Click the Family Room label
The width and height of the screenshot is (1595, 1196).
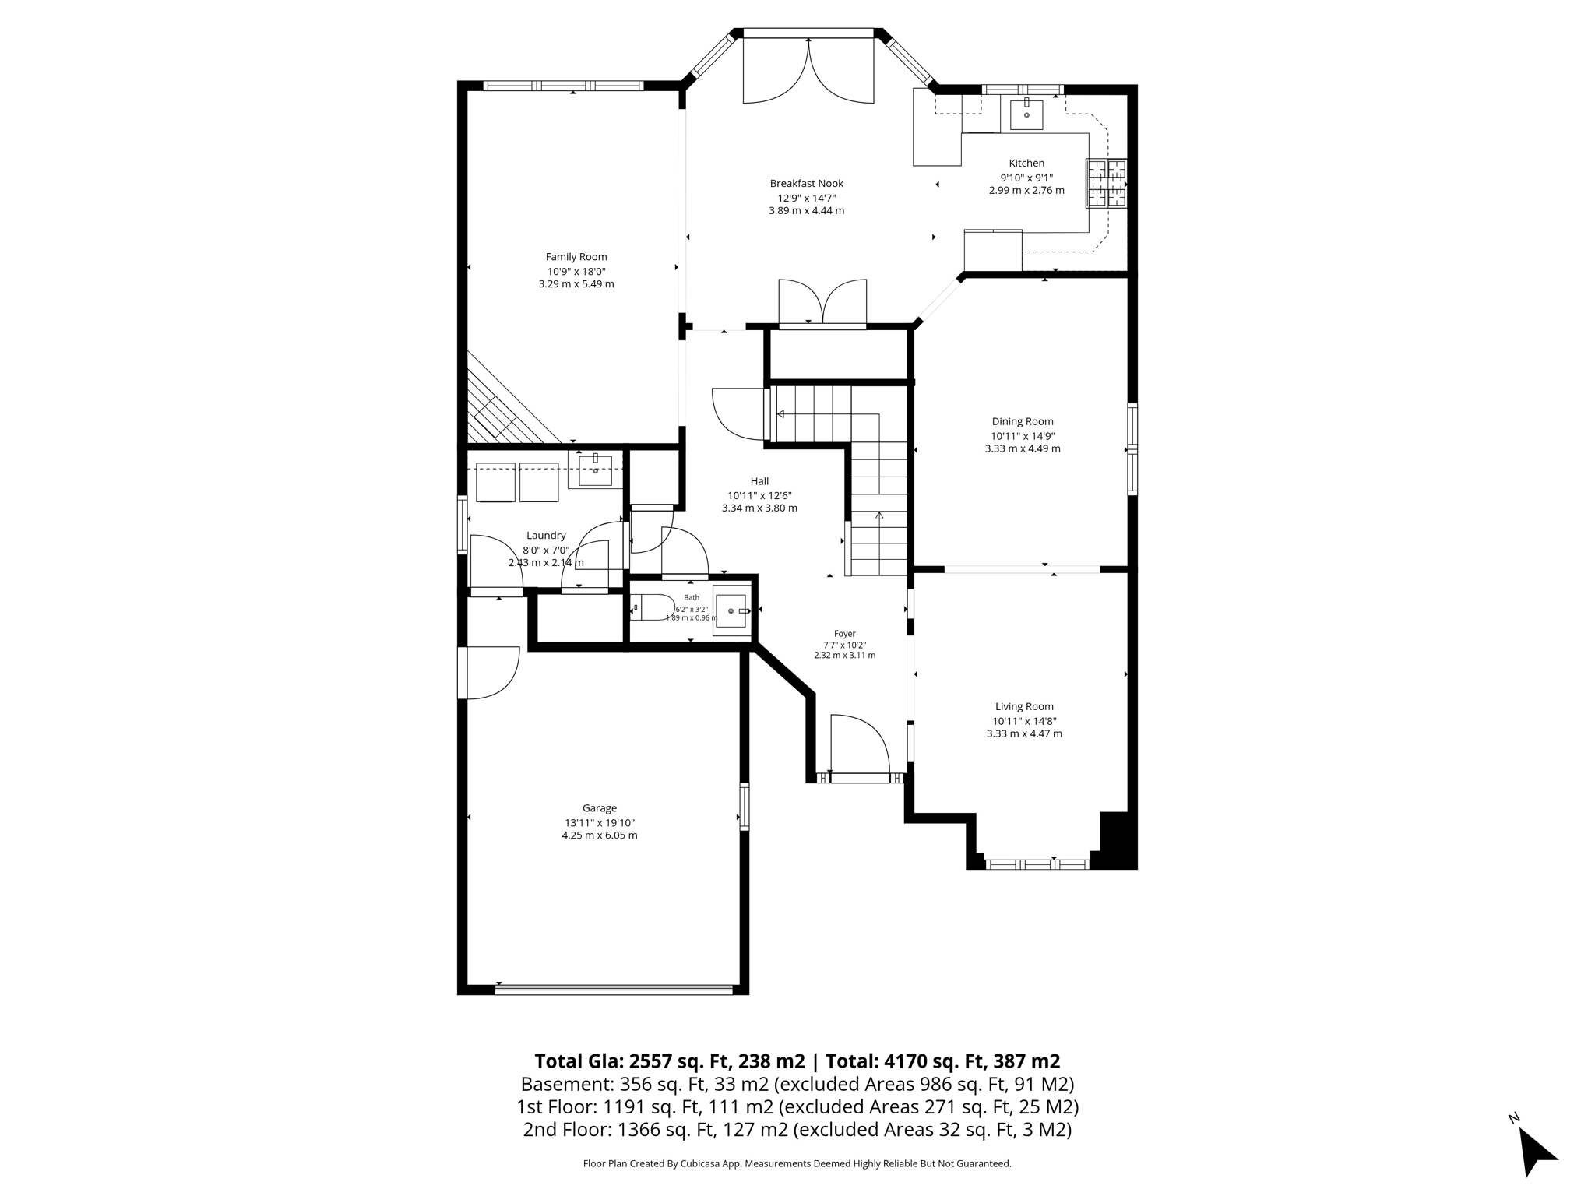point(576,257)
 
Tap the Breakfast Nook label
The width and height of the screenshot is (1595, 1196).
point(807,184)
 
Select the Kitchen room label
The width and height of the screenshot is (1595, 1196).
point(1026,164)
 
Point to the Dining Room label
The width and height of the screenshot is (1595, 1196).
point(1023,422)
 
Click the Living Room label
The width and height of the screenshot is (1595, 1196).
point(1024,707)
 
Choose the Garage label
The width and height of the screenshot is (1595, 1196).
point(600,808)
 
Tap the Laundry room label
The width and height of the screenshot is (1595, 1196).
point(546,536)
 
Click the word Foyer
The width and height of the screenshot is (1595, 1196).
point(845,634)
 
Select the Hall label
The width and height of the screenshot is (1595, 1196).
point(759,481)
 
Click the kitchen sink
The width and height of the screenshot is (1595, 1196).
point(1026,114)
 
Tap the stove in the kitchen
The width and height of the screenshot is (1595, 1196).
point(1107,183)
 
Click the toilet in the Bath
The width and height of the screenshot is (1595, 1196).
point(653,607)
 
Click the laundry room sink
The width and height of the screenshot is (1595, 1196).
point(595,470)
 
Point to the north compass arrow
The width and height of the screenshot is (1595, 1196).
point(1536,1151)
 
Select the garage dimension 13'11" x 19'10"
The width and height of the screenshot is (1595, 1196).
point(600,823)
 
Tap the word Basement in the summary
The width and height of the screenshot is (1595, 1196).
point(566,1084)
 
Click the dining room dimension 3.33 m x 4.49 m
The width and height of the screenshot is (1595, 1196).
point(1023,448)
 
